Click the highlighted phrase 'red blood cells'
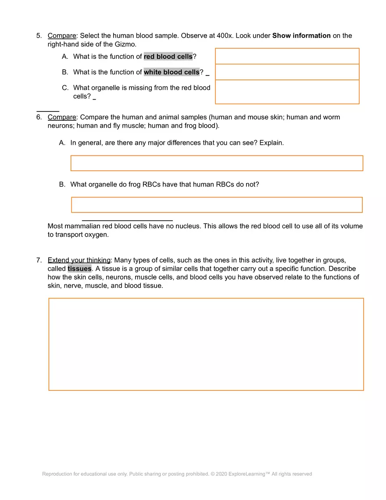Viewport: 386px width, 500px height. [x=168, y=57]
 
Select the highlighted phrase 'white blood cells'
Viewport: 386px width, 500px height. [x=172, y=72]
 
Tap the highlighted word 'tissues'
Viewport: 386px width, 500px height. [x=79, y=269]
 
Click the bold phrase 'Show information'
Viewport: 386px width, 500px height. [x=301, y=36]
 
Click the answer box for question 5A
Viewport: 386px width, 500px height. [x=287, y=56]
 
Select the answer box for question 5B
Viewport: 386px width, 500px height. [x=287, y=72]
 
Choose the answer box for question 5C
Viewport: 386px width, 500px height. [x=287, y=92]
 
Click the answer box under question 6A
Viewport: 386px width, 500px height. [x=217, y=163]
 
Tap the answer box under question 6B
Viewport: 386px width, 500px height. [x=217, y=205]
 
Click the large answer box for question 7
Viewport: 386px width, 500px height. [x=206, y=344]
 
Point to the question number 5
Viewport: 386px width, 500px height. [x=39, y=36]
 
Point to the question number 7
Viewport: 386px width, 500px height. [x=39, y=260]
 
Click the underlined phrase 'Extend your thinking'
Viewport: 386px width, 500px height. [x=79, y=260]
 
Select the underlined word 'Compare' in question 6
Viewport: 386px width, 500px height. [x=61, y=117]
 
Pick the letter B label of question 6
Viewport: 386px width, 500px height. [x=62, y=184]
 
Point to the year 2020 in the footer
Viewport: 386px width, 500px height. [x=222, y=474]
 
